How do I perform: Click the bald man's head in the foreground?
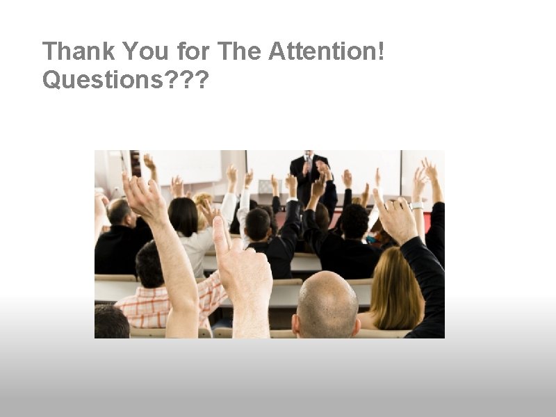[326, 302]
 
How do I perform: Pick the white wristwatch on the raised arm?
[417, 206]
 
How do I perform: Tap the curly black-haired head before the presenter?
[354, 221]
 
